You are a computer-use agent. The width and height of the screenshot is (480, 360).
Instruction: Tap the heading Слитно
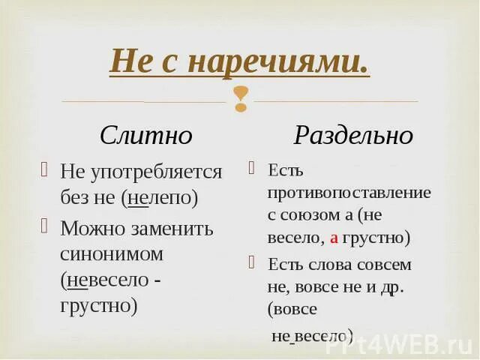146,136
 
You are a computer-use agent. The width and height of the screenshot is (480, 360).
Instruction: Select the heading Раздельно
352,136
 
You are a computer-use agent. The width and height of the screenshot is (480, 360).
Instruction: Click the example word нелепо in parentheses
163,199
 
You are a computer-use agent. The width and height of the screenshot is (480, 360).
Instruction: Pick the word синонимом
112,254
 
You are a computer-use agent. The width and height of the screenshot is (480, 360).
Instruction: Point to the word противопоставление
349,193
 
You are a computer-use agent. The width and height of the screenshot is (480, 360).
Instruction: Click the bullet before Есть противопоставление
253,167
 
